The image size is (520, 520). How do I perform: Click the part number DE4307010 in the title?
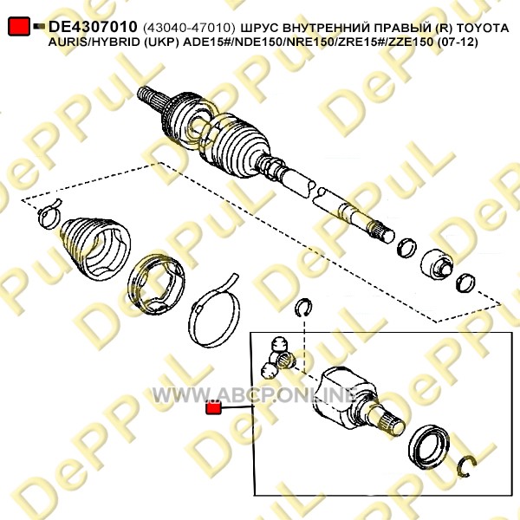pos(93,27)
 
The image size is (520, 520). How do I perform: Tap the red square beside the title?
pos(19,27)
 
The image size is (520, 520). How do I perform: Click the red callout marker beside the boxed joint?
pos(213,408)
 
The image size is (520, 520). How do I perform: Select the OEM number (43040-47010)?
pos(189,28)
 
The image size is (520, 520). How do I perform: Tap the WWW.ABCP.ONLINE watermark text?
pos(255,395)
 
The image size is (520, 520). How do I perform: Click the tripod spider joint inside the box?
pos(279,358)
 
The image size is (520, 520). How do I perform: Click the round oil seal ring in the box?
pos(428,446)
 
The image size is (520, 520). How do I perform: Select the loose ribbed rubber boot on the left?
pos(95,247)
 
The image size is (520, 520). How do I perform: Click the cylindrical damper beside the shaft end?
pos(436,264)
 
